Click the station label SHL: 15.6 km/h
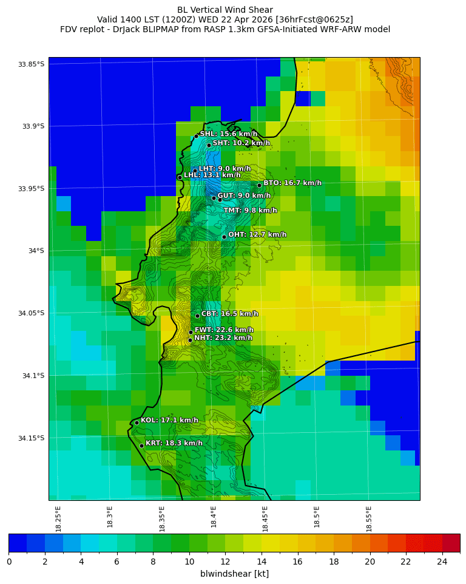point(228,134)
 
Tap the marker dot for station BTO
point(259,185)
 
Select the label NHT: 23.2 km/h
point(223,338)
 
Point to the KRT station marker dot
point(141,446)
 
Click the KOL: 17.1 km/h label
point(169,420)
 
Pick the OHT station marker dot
point(224,237)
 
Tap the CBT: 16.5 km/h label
point(229,314)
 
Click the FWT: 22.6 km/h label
point(224,330)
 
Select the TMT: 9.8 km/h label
point(250,210)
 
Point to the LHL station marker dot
point(180,177)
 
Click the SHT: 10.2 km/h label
point(241,143)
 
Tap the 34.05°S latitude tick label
point(31,313)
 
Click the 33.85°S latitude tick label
point(31,64)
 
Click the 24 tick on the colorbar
point(442,562)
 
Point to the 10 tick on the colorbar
point(189,562)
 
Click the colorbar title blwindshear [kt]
point(234,574)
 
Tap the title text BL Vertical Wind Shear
point(225,10)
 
